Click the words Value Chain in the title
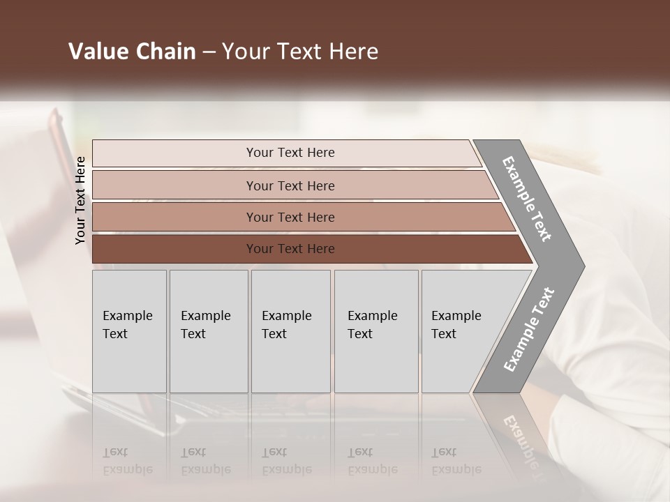(132, 52)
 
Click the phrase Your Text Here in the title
(300, 52)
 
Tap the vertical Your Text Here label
(81, 200)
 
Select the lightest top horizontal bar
(174, 153)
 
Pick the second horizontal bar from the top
(174, 185)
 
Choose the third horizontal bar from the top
(174, 218)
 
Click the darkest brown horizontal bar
(174, 249)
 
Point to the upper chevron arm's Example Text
(527, 199)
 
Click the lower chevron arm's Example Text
(529, 330)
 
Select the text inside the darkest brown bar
(290, 249)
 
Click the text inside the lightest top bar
(290, 153)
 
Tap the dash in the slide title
(209, 52)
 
